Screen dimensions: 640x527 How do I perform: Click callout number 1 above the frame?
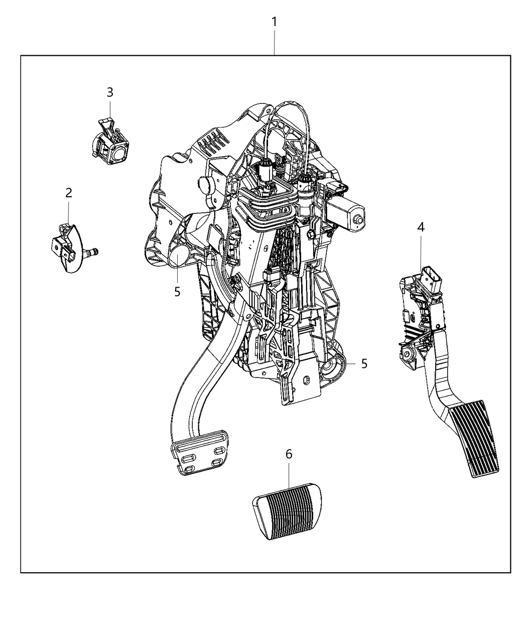tap(274, 22)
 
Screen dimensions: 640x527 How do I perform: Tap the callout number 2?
tap(68, 193)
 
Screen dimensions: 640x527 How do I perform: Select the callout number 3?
tap(110, 92)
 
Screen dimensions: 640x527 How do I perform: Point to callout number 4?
tap(421, 227)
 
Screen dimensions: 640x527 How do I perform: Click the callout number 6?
tap(289, 454)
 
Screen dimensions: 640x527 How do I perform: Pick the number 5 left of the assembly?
tap(177, 291)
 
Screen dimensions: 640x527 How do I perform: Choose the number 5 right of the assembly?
tap(364, 363)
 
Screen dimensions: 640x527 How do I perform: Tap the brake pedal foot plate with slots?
tap(198, 455)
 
